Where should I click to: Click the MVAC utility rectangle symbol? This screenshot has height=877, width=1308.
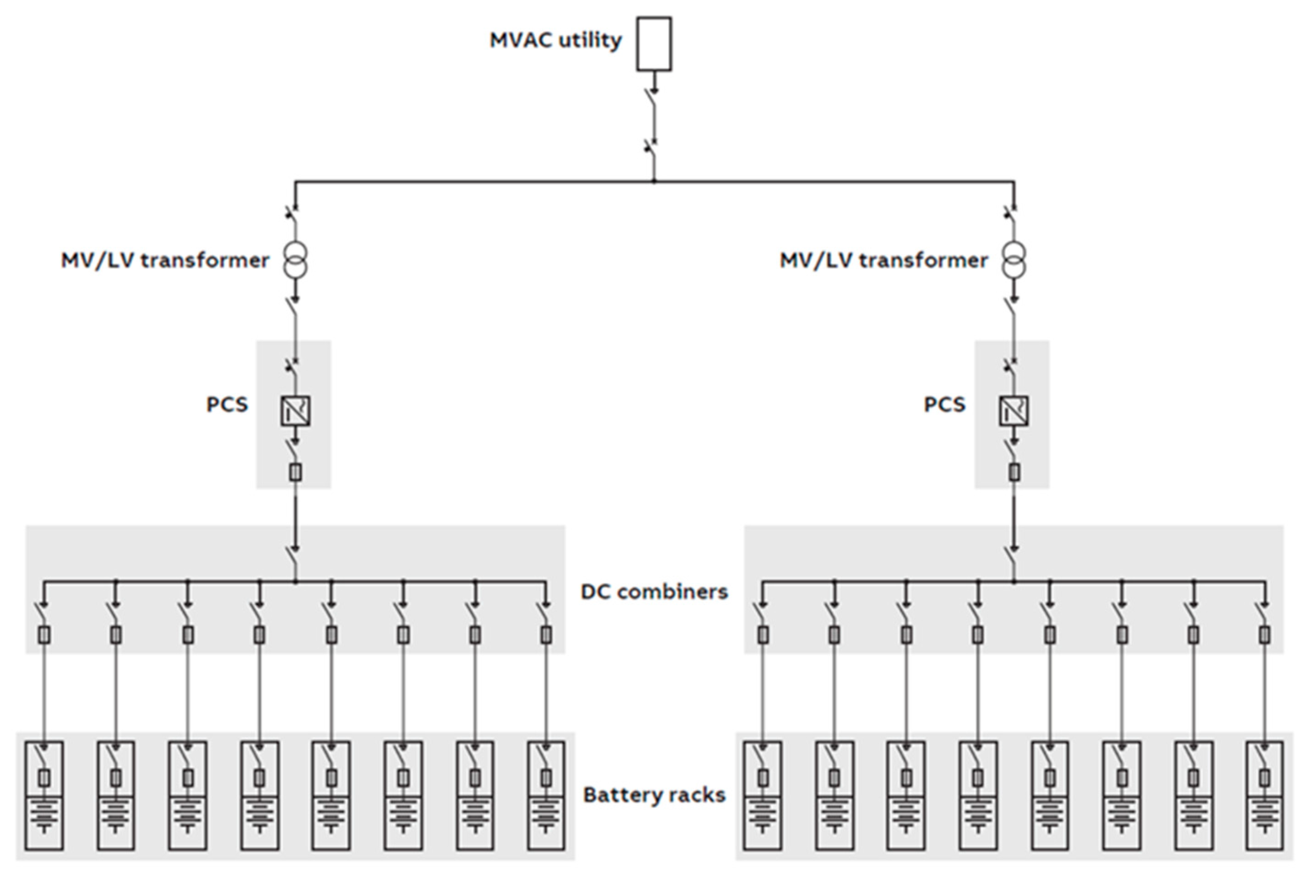[654, 44]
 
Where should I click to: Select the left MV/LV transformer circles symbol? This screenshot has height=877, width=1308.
[295, 259]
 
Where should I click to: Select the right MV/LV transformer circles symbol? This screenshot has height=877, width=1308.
[1014, 259]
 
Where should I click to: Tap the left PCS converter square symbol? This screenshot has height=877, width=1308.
[295, 411]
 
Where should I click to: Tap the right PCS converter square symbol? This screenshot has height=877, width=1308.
[1014, 411]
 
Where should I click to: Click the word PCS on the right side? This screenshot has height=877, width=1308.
[944, 404]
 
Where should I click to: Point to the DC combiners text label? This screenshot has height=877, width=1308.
[654, 592]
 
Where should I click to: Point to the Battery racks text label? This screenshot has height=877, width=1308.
[654, 795]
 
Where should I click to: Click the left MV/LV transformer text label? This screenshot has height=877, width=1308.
[165, 260]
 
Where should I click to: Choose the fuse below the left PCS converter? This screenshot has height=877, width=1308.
[295, 473]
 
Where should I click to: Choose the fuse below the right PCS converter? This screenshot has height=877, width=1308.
[1014, 473]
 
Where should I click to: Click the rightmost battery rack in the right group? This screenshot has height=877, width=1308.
[1265, 796]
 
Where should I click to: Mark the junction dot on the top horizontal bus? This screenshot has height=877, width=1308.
[654, 181]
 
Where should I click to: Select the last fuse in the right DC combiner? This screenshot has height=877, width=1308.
[1265, 635]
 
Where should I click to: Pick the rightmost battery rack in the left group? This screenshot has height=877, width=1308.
[546, 796]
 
